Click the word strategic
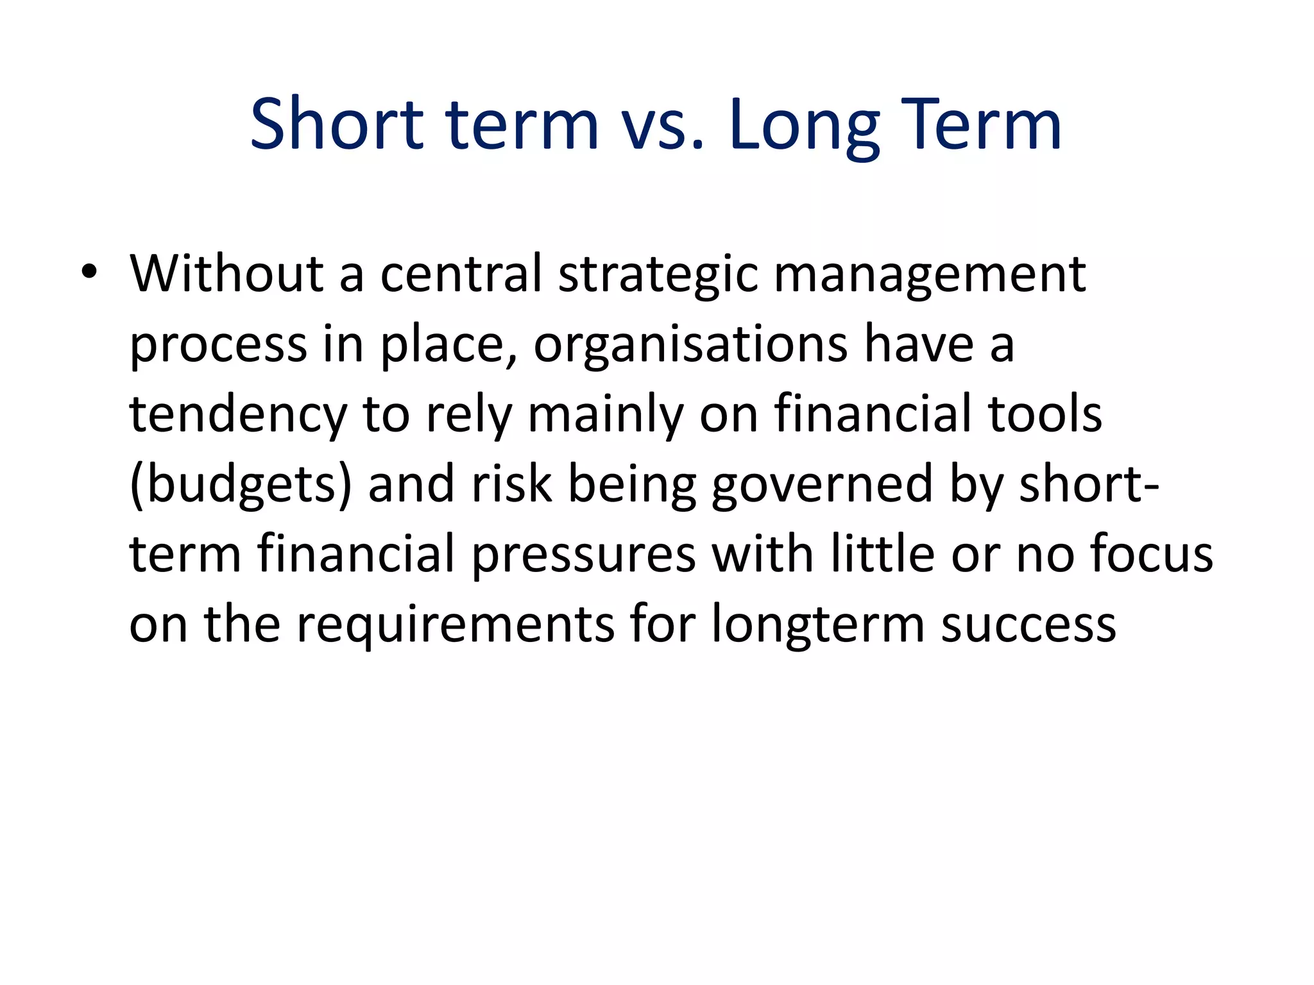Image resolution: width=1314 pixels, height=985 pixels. tap(658, 274)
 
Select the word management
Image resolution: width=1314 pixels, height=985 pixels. tap(930, 274)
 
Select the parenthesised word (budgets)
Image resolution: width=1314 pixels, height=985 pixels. tap(241, 485)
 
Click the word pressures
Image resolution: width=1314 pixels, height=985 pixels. tap(584, 555)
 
